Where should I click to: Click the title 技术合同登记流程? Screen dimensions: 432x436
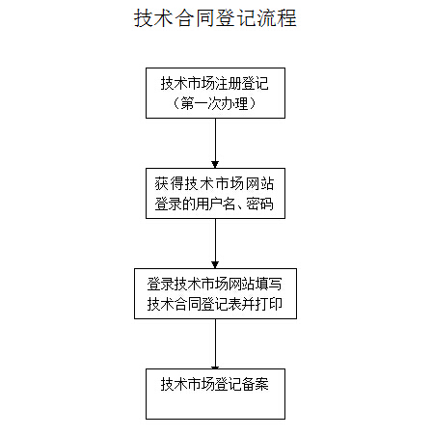215,18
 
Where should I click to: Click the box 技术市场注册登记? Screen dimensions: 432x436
215,93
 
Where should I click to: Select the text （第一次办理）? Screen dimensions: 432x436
214,103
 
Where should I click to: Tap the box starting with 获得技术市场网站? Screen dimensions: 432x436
215,193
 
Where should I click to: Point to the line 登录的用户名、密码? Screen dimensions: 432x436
214,204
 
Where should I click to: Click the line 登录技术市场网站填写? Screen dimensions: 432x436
214,284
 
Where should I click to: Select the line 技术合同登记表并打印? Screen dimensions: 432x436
215,304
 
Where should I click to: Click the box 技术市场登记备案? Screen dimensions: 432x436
215,394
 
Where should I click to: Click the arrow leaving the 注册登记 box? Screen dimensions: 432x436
215,143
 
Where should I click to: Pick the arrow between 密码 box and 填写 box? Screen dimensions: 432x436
215,243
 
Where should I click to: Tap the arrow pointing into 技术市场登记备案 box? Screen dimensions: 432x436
215,343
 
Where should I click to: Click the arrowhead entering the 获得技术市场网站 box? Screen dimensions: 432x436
215,164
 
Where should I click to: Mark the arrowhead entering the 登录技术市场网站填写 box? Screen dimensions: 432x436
215,264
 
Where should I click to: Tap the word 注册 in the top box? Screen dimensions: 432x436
228,83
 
